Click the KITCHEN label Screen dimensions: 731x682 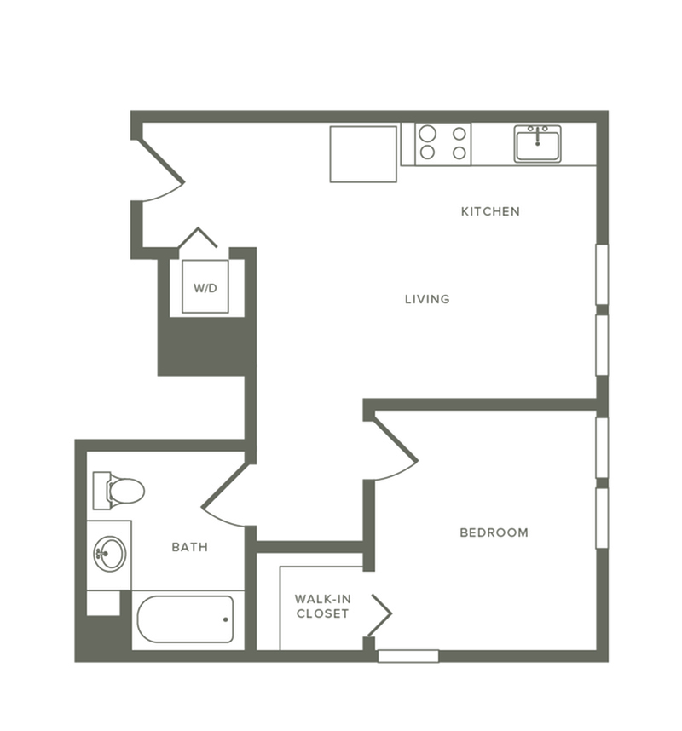click(490, 211)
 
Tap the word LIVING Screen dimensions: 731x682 click(427, 299)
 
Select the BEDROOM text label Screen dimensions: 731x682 click(494, 532)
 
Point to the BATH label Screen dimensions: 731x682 click(189, 547)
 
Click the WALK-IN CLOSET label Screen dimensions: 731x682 click(321, 607)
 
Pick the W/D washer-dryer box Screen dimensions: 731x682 click(205, 287)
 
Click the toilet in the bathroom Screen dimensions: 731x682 click(119, 491)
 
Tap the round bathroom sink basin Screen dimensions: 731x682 click(109, 554)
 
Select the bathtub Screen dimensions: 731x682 click(185, 619)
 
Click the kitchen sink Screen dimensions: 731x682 click(537, 143)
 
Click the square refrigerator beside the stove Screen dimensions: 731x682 click(363, 154)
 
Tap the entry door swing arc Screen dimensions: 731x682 click(162, 175)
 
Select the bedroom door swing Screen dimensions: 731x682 click(394, 452)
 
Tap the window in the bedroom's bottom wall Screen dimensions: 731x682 click(408, 656)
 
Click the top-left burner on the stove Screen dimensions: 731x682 click(428, 134)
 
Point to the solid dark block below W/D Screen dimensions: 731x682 click(205, 345)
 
